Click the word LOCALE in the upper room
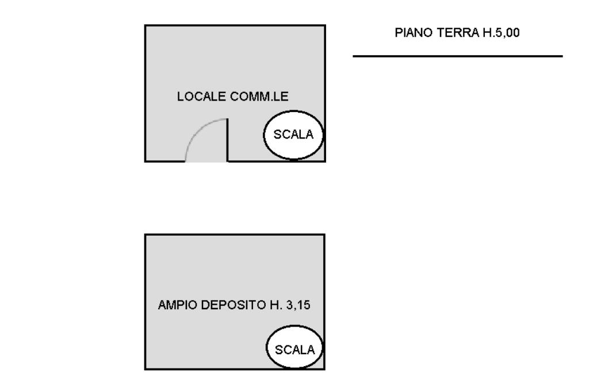(x=201, y=97)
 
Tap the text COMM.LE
(x=259, y=97)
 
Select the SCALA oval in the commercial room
(x=293, y=135)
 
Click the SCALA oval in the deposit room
(x=295, y=347)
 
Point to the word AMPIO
(x=177, y=305)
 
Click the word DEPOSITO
(x=234, y=305)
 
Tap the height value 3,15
(x=299, y=305)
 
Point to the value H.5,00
(x=501, y=33)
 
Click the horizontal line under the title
(x=457, y=56)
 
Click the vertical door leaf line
(x=227, y=140)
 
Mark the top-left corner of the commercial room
(x=146, y=25)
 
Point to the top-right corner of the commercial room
(x=325, y=25)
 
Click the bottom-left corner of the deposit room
(x=146, y=370)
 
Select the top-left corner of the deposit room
(x=146, y=235)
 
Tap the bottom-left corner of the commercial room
(x=146, y=162)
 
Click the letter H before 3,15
(x=274, y=305)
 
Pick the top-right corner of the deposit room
(x=324, y=235)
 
